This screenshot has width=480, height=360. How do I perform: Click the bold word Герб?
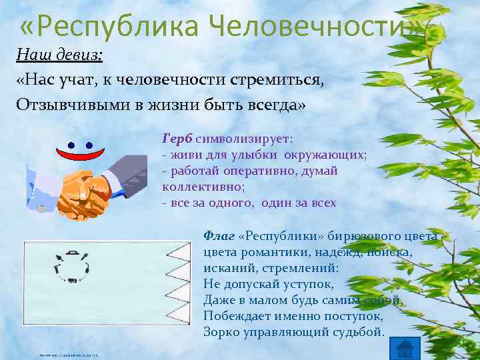tap(177, 139)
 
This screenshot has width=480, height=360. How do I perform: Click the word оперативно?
tap(257, 171)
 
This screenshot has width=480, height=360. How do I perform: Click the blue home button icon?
tap(405, 348)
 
